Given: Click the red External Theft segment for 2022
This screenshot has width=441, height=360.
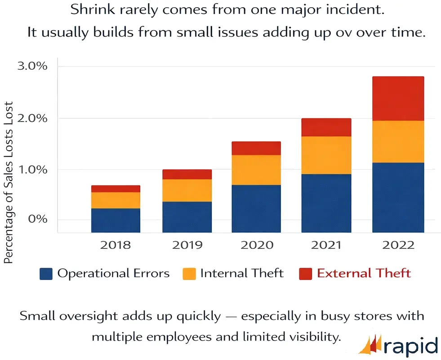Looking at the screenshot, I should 398,99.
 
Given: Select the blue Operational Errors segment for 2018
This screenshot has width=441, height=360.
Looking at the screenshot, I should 116,220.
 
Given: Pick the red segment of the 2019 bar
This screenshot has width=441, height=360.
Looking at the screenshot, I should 187,174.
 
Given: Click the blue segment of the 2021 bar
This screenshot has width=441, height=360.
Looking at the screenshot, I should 326,203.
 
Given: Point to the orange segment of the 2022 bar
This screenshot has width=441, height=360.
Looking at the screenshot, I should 398,141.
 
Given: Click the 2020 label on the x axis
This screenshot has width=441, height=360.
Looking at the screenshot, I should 257,245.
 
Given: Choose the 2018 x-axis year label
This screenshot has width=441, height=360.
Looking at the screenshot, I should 116,245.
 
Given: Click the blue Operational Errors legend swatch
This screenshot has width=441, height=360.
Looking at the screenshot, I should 46,274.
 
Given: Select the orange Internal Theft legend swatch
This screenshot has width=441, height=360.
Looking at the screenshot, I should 189,274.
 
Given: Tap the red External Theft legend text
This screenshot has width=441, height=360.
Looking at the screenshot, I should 364,273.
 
